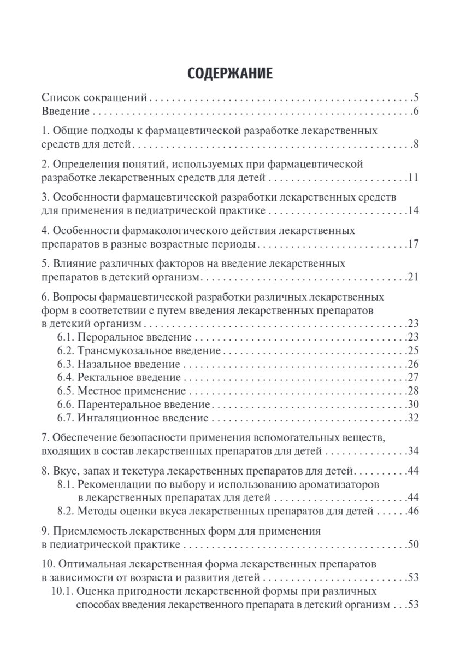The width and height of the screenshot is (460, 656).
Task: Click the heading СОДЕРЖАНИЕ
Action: tap(229, 74)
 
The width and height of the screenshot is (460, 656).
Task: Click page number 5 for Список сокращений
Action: tap(416, 99)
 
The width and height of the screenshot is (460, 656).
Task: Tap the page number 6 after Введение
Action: tap(416, 112)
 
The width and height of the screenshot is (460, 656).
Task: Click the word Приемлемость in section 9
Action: tap(87, 531)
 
